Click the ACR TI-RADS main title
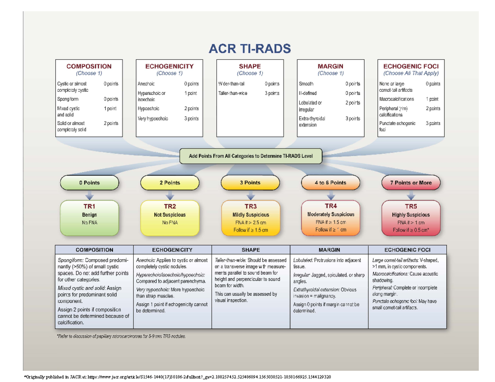click(249, 49)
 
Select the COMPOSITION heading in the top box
click(89, 66)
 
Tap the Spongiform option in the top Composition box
click(68, 99)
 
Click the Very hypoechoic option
click(153, 119)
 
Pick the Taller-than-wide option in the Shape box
click(233, 93)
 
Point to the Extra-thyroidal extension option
click(312, 121)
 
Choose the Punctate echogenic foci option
click(397, 126)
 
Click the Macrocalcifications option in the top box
click(397, 99)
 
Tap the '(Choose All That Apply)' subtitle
click(411, 73)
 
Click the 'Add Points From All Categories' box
click(250, 156)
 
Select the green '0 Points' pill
click(89, 183)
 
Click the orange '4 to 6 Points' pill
click(330, 183)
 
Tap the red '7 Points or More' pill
click(411, 183)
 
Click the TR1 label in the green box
click(89, 207)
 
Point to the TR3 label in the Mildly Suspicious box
click(250, 207)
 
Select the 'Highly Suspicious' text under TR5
click(411, 215)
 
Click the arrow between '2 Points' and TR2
click(170, 194)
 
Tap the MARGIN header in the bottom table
click(329, 250)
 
